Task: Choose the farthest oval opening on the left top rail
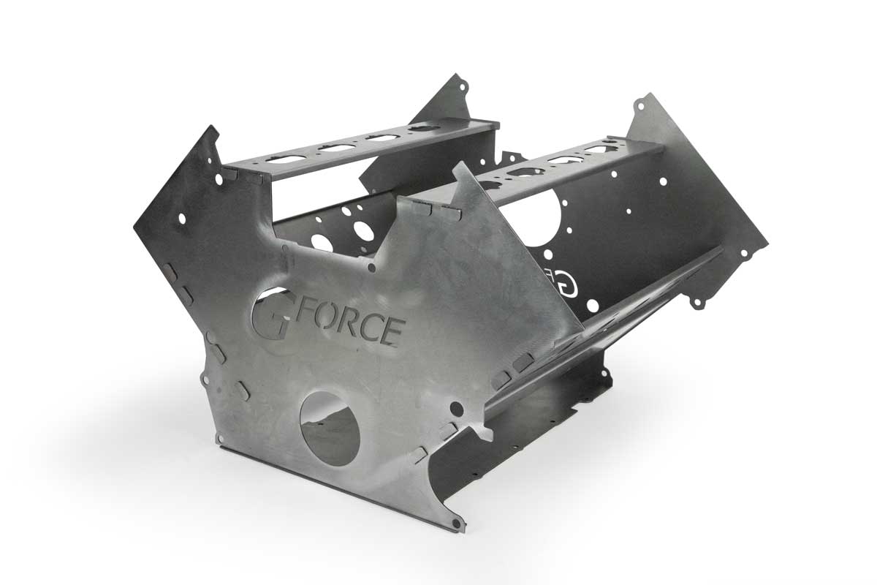423,129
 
